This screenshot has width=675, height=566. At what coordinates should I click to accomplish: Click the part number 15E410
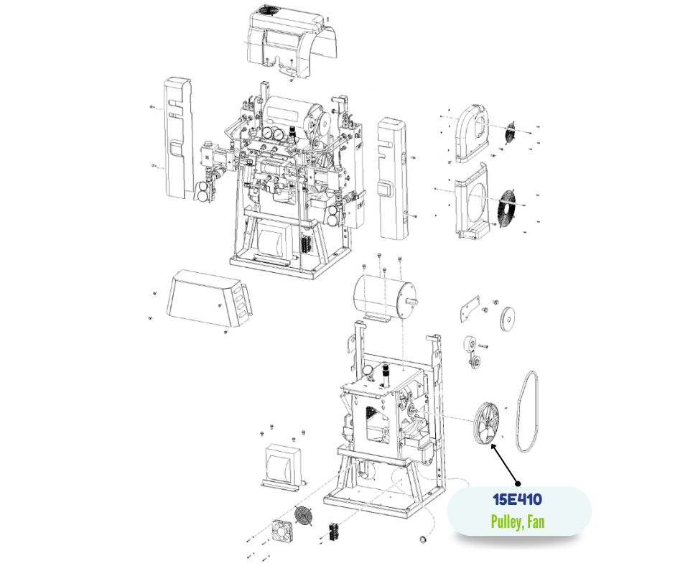517,500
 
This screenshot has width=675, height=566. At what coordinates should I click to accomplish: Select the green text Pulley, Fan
518,521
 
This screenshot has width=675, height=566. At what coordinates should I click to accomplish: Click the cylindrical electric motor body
382,298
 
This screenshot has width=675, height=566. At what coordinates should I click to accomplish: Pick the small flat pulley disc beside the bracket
508,319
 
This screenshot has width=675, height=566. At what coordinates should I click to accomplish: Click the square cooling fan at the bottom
282,531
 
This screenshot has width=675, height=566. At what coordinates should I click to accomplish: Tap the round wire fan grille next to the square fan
304,516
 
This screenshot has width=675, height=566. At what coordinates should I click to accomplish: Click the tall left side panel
178,138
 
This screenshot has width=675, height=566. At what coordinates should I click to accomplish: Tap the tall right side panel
392,178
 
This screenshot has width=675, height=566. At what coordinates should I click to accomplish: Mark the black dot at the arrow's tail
518,483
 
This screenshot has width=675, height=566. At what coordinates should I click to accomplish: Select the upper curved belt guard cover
472,134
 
